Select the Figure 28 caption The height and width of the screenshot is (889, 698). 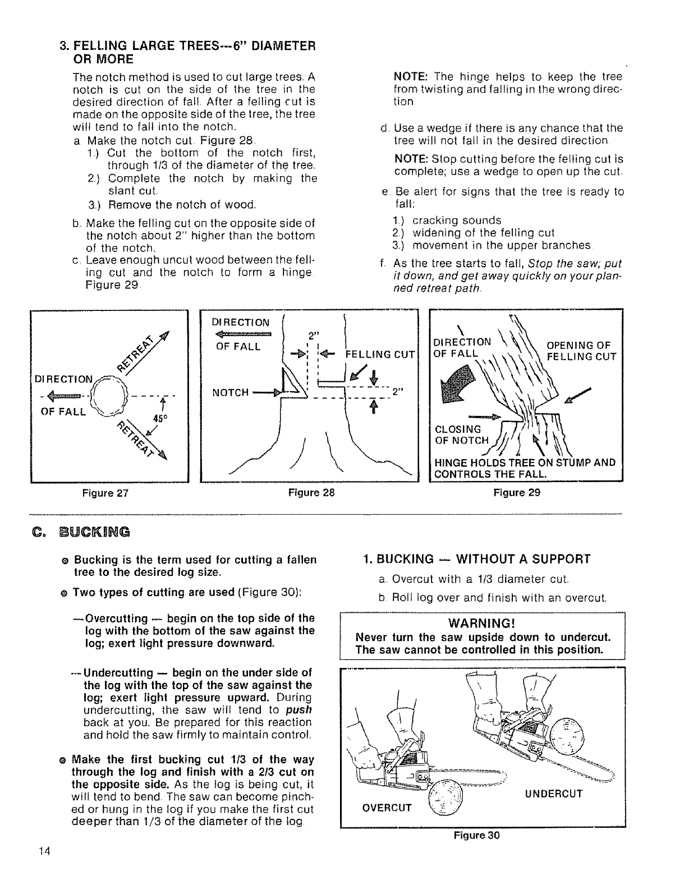click(311, 493)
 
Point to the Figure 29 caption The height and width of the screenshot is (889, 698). click(517, 493)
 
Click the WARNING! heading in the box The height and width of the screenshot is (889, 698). click(483, 624)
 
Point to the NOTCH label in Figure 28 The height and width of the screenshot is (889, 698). click(230, 393)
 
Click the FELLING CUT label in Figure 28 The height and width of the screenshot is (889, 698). click(381, 354)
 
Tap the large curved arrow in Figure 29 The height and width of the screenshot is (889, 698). click(464, 384)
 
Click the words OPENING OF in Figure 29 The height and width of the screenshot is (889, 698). click(578, 345)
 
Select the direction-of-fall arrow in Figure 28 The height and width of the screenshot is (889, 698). click(244, 334)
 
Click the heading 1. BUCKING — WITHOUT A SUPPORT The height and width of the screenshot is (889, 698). click(477, 559)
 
